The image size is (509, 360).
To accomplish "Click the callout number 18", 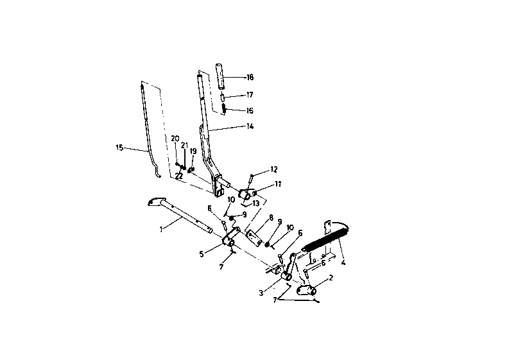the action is [250, 77].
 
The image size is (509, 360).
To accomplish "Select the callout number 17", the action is [250, 95].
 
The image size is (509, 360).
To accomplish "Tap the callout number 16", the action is [250, 110].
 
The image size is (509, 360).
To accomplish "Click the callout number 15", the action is [119, 148].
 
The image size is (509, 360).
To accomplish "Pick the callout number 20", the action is [175, 138].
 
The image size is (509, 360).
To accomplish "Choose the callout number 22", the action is [179, 175].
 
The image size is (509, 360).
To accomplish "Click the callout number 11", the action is [278, 184].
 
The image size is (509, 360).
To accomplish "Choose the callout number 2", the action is [330, 278].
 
